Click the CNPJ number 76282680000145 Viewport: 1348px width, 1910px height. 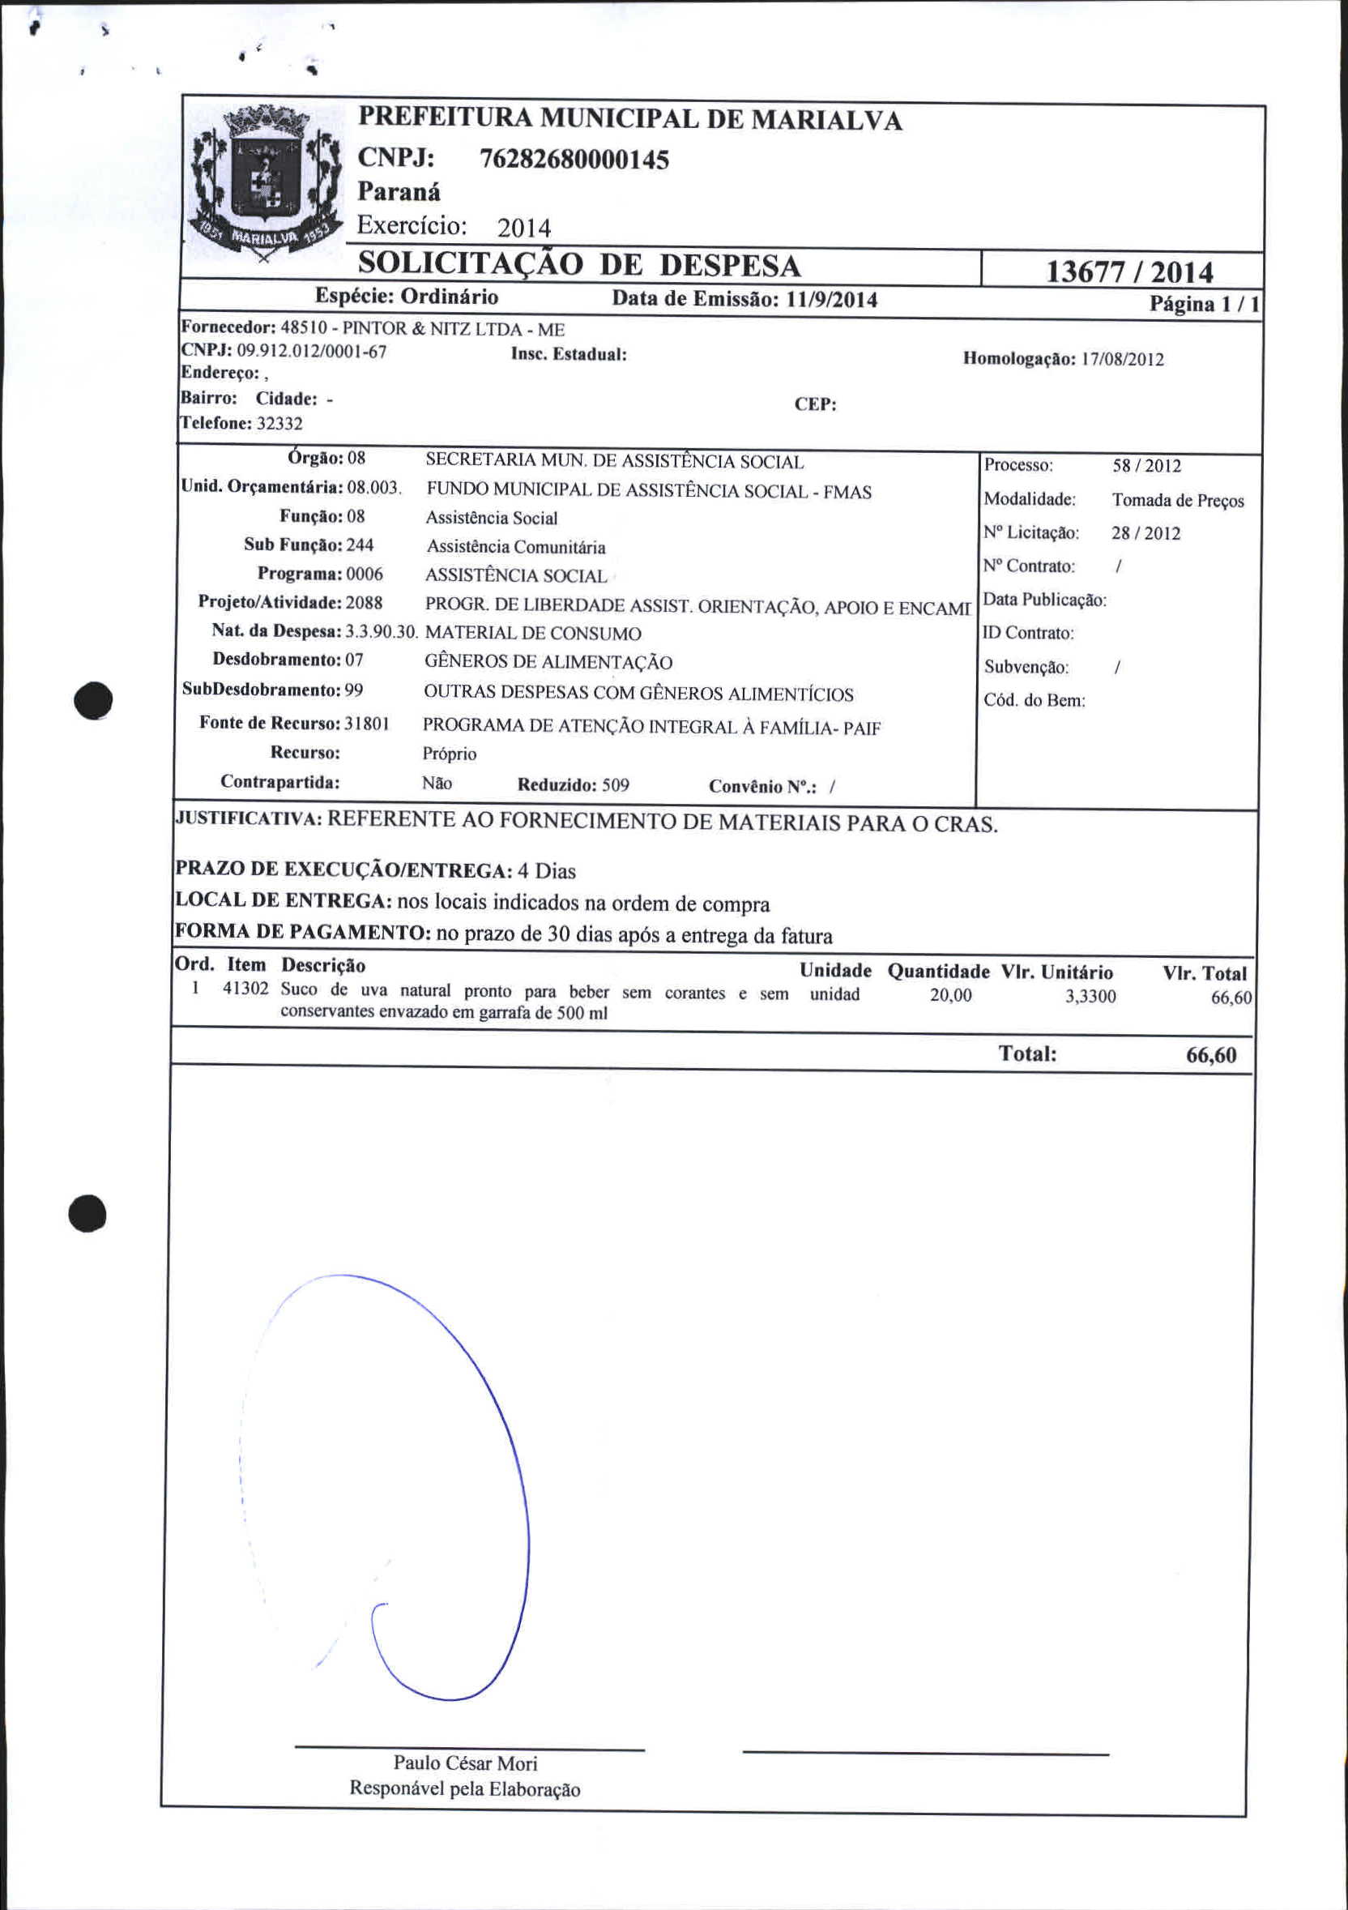click(574, 159)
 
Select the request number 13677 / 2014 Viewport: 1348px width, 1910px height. click(1128, 272)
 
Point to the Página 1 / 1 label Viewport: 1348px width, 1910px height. click(1203, 304)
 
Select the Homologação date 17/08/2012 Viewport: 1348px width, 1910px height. click(1122, 359)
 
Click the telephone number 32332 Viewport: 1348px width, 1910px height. click(279, 424)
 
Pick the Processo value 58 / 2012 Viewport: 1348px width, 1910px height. click(1147, 466)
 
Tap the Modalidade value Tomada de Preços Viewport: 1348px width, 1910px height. click(1178, 500)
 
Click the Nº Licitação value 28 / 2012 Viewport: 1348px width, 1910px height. click(1146, 533)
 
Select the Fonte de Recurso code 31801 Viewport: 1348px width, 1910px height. click(367, 723)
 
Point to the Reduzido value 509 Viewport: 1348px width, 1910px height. click(616, 785)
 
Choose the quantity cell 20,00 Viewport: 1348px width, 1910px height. click(950, 995)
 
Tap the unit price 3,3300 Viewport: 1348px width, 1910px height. click(1090, 997)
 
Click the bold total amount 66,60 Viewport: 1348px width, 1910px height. click(1211, 1055)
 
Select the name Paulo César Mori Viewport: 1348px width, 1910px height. click(465, 1763)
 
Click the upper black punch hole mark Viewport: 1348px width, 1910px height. click(92, 699)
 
